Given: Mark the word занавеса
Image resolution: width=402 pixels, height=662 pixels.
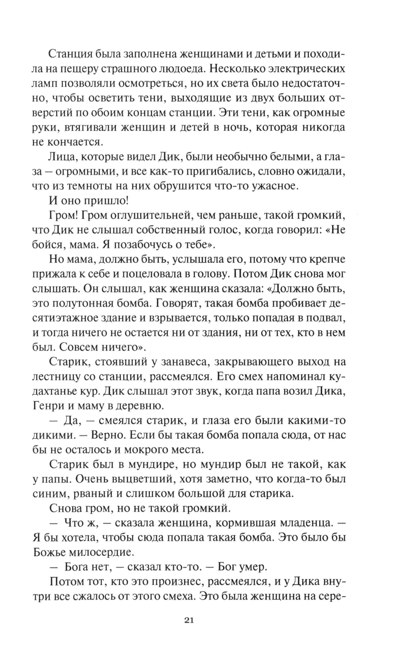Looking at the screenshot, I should click(180, 362).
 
